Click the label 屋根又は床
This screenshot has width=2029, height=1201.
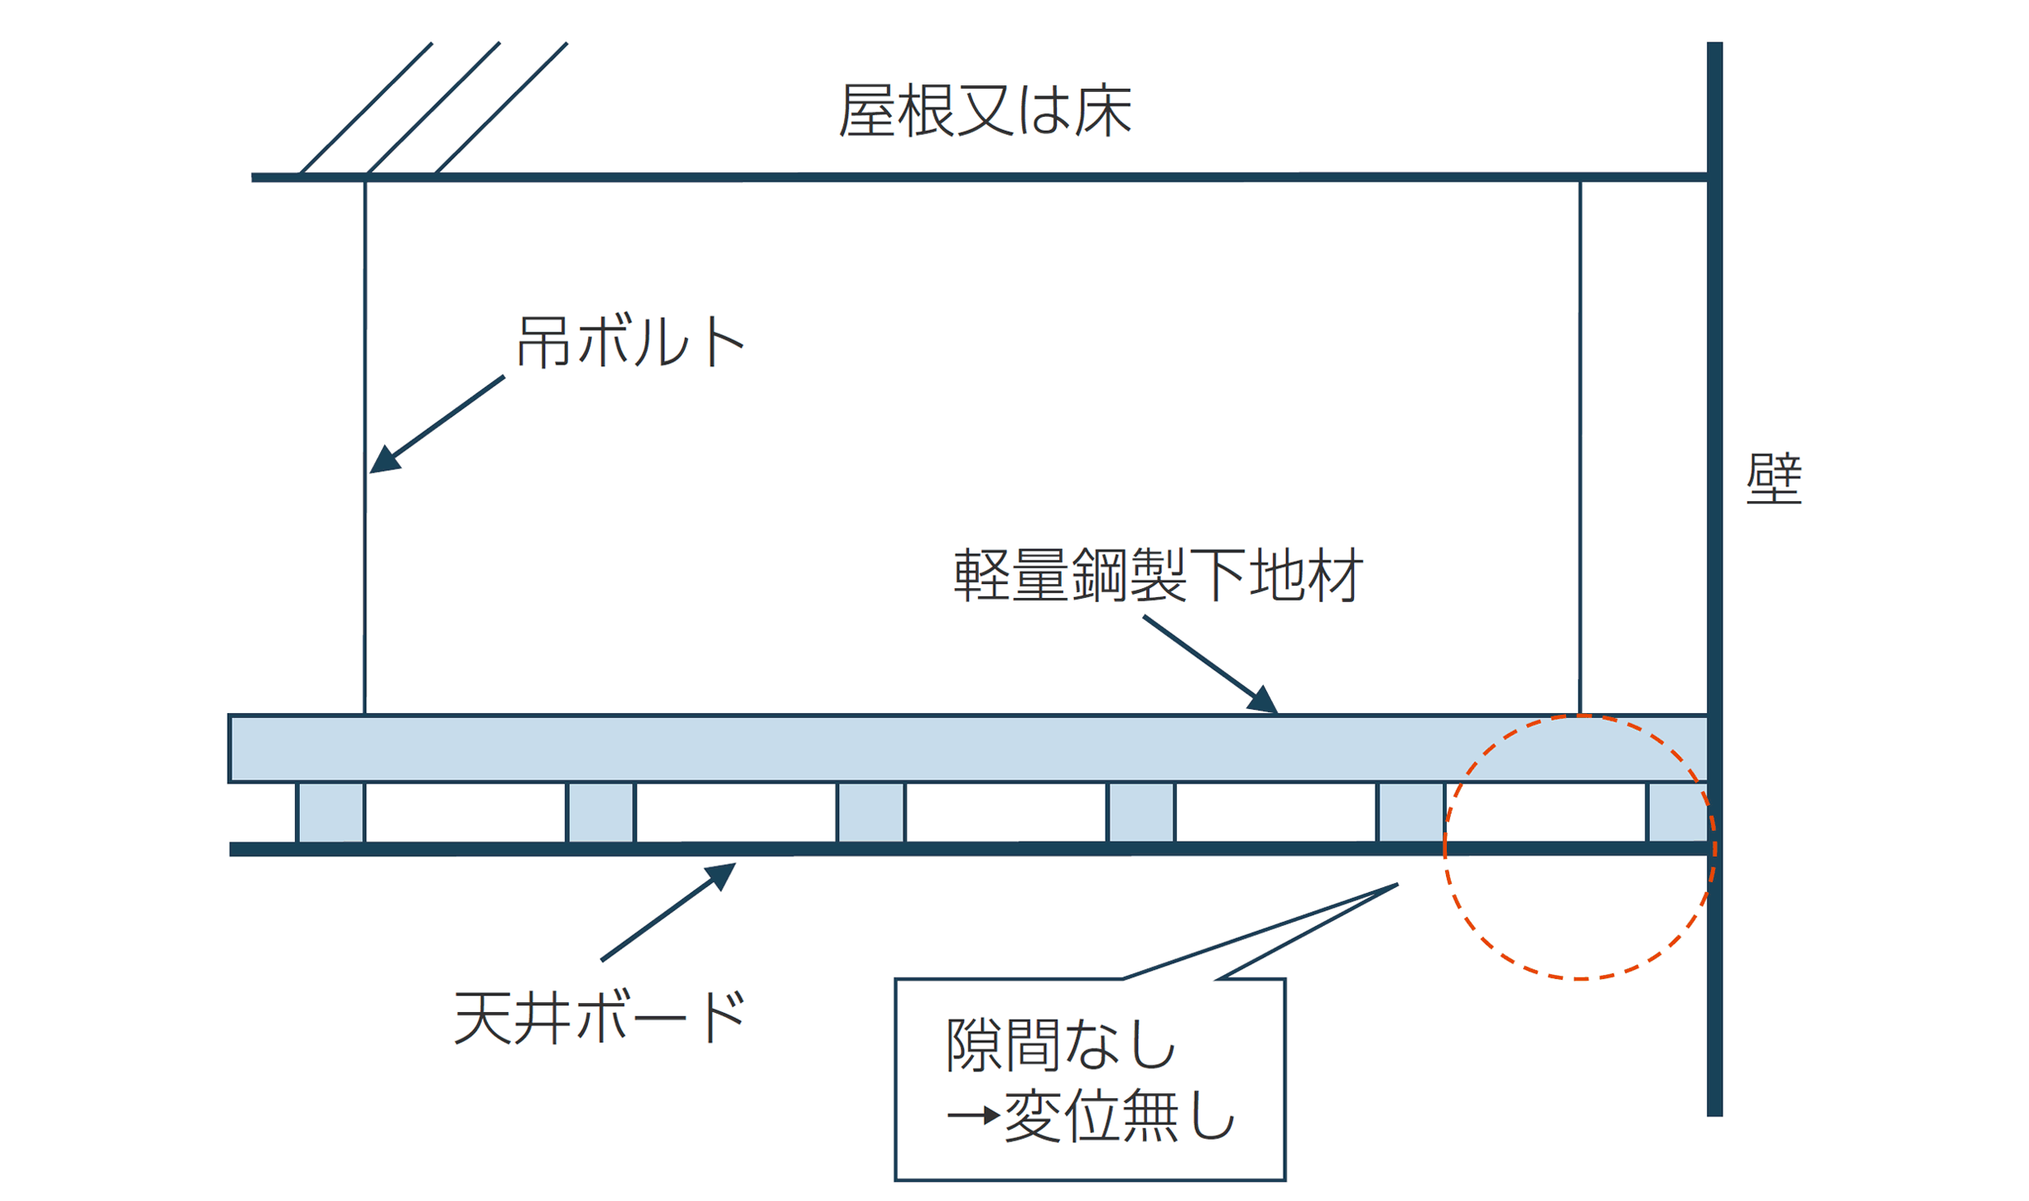tap(985, 110)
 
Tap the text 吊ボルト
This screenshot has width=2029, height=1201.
tap(630, 341)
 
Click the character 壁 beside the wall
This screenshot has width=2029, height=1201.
tap(1774, 479)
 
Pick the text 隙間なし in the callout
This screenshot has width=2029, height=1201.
tap(1061, 1045)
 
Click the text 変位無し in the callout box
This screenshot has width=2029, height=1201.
tap(1120, 1117)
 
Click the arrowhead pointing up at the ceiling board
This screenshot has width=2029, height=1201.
tap(720, 876)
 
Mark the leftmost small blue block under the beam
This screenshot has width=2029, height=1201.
tap(330, 813)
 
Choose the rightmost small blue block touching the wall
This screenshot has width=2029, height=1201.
tap(1678, 813)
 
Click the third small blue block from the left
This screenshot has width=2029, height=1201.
tap(871, 813)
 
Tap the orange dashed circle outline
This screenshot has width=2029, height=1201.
tap(1445, 846)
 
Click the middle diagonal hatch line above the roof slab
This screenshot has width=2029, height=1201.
tap(433, 109)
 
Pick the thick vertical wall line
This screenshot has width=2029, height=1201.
tap(1715, 580)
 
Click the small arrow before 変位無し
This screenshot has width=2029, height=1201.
tap(974, 1116)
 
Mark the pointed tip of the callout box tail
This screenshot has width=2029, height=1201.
tap(1398, 885)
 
